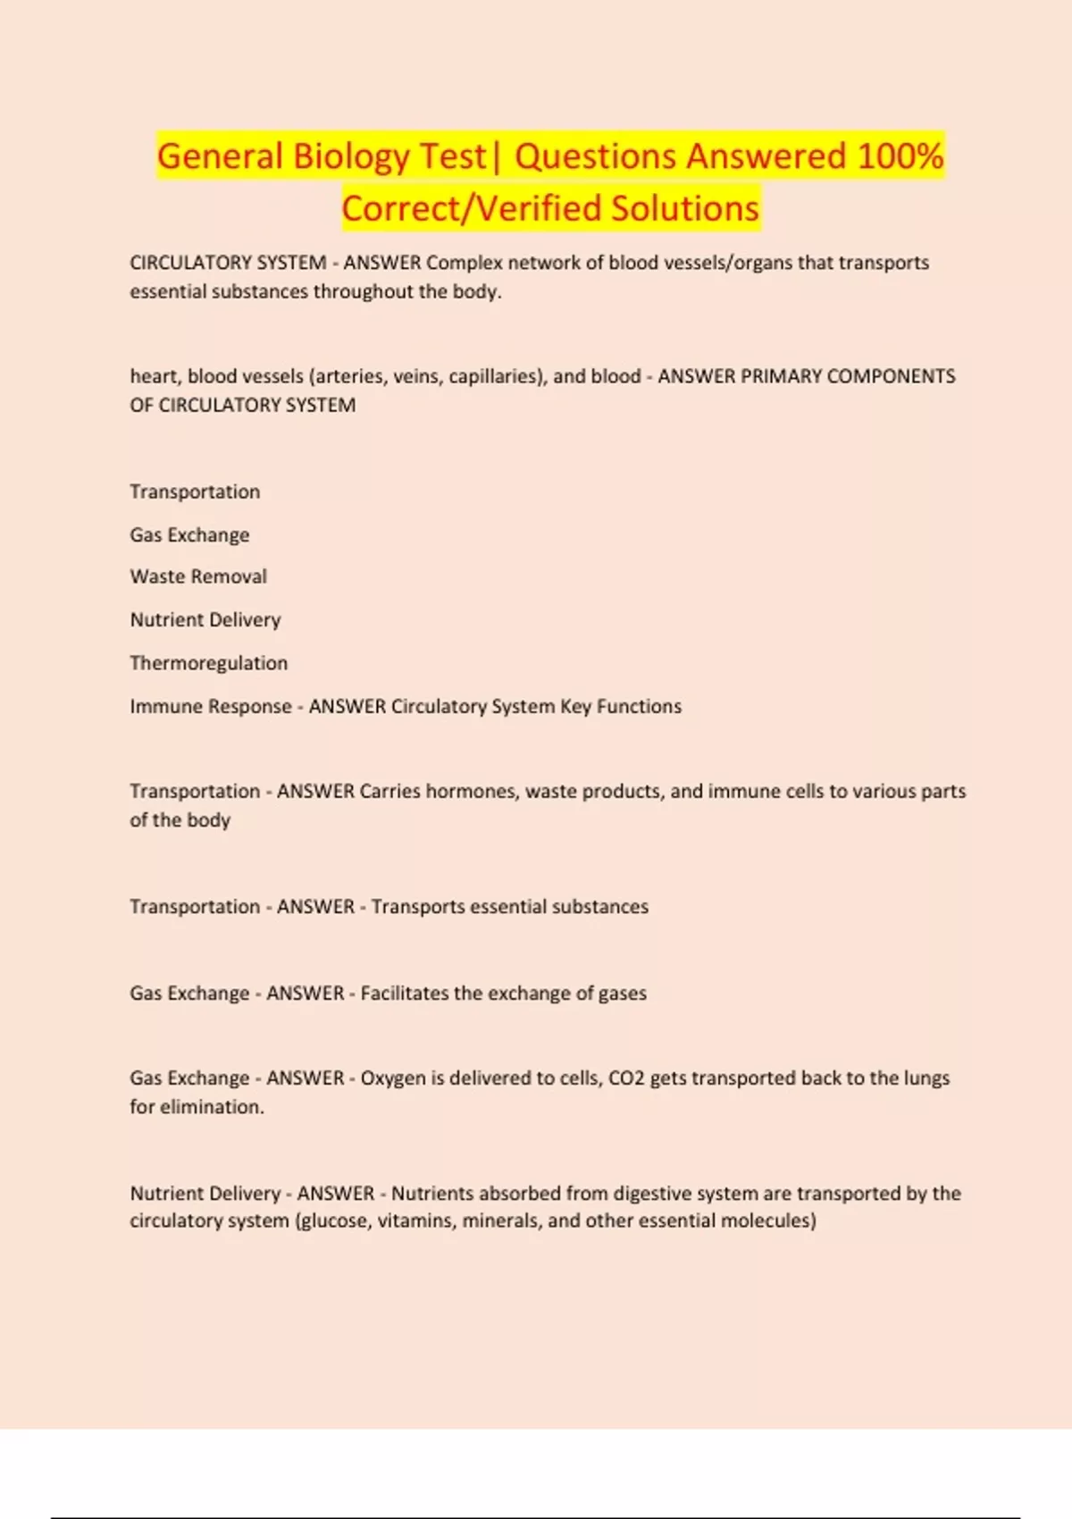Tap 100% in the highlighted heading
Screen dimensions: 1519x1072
pyautogui.click(x=900, y=157)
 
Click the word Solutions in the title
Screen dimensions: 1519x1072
pyautogui.click(x=685, y=209)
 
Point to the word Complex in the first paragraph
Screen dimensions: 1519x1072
pyautogui.click(x=465, y=263)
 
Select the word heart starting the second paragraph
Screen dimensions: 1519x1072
pyautogui.click(x=155, y=376)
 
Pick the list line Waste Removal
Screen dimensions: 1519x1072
pyautogui.click(x=198, y=576)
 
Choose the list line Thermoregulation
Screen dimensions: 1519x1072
pyautogui.click(x=209, y=663)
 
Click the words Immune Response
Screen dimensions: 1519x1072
pyautogui.click(x=211, y=706)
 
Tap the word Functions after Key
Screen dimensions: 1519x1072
pyautogui.click(x=639, y=706)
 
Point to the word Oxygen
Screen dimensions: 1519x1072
pyautogui.click(x=393, y=1078)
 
